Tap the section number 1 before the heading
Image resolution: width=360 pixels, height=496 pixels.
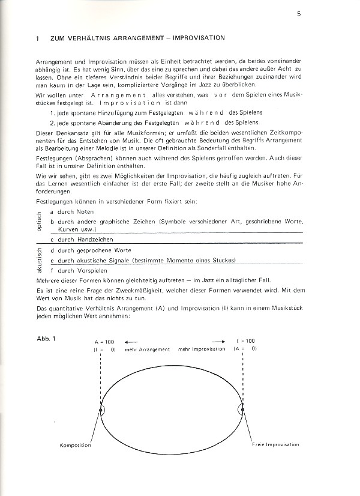(x=37, y=38)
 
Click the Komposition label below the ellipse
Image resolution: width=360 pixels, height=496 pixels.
(x=76, y=445)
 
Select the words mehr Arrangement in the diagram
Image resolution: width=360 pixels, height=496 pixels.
(x=148, y=349)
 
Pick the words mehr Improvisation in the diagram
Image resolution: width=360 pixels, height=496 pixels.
(x=202, y=349)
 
